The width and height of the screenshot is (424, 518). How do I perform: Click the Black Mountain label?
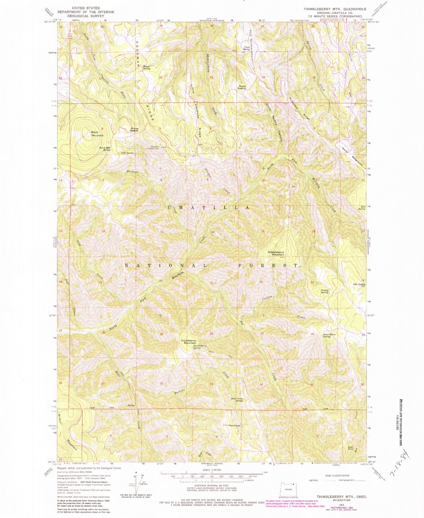point(97,134)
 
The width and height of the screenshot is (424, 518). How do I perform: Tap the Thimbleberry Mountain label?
point(276,253)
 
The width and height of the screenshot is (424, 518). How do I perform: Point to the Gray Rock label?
point(350,448)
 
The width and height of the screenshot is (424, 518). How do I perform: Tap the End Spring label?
point(362,208)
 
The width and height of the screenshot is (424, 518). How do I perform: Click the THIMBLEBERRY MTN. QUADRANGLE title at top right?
point(335,9)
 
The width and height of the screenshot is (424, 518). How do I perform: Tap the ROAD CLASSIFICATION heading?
point(337,475)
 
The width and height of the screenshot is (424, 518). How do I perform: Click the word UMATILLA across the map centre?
point(209,207)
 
